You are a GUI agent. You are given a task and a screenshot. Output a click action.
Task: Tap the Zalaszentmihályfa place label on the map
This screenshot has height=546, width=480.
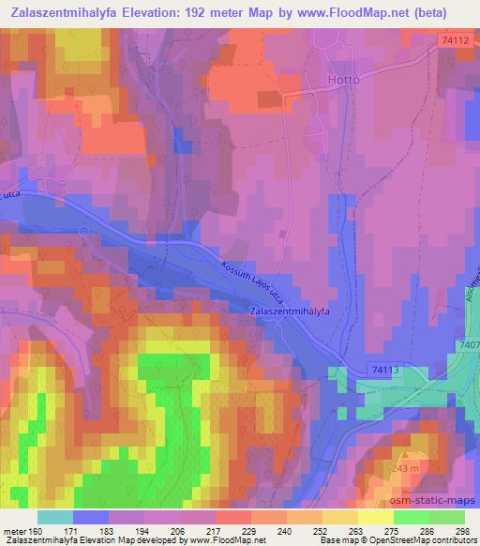[292, 311]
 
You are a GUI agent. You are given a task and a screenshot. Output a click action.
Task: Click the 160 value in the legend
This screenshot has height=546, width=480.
[43, 530]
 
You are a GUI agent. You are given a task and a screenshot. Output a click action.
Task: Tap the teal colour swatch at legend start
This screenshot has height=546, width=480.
[54, 517]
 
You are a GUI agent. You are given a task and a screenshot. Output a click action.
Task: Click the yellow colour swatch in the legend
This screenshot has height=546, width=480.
[375, 517]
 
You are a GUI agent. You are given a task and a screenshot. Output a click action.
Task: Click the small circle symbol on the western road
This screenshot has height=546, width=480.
[83, 230]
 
